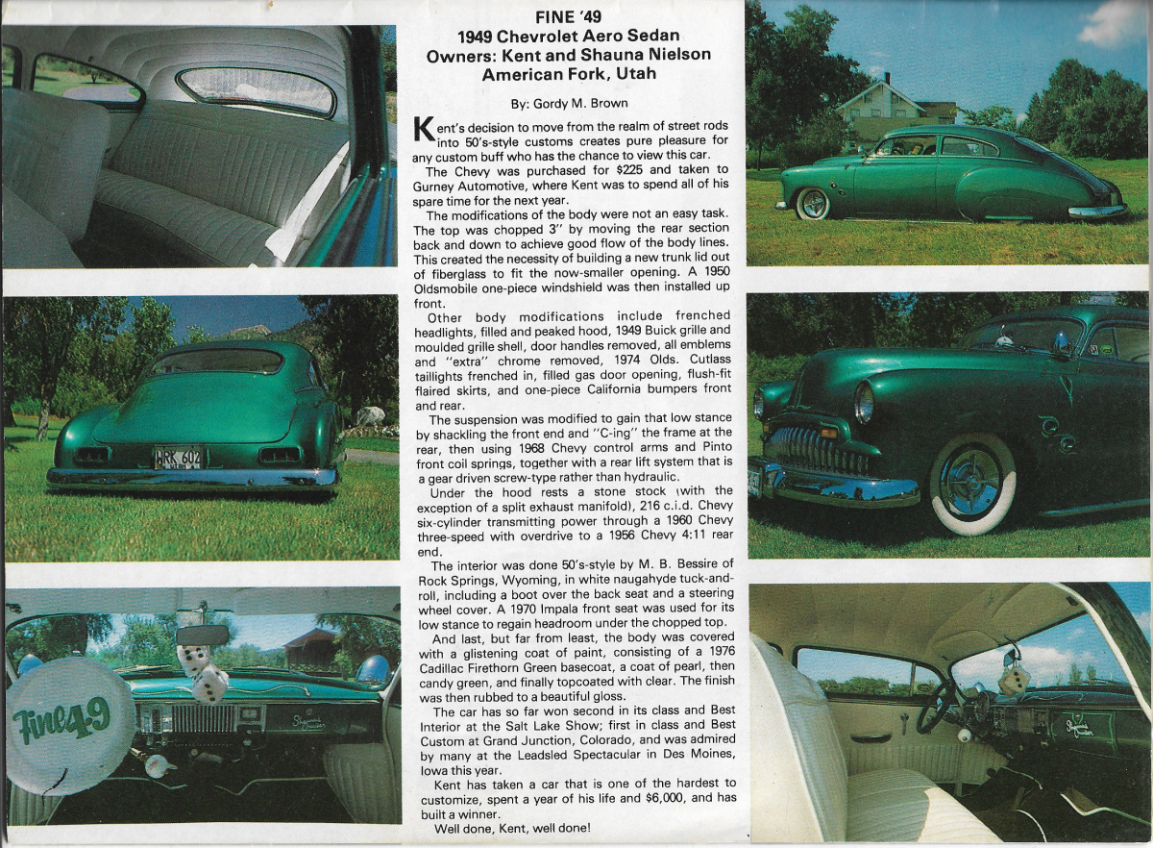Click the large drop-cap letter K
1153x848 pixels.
[x=422, y=132]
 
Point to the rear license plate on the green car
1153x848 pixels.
[x=178, y=459]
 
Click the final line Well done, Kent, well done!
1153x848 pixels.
[x=513, y=828]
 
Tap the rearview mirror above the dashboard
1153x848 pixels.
[x=203, y=636]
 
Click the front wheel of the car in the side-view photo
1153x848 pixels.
[x=813, y=204]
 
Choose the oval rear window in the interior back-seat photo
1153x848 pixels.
[x=256, y=92]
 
